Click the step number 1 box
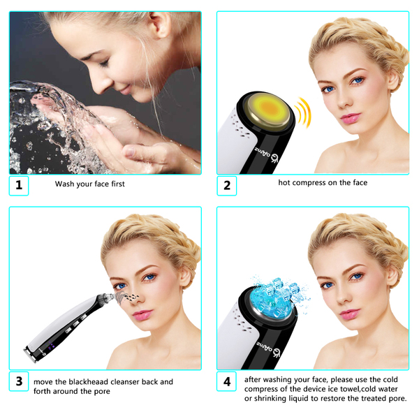(x=19, y=186)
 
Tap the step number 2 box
(x=226, y=186)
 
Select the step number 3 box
(x=19, y=381)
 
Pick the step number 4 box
(x=226, y=381)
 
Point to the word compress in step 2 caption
(x=307, y=183)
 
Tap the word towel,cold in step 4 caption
(x=361, y=389)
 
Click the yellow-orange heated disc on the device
(x=270, y=110)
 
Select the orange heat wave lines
(x=304, y=112)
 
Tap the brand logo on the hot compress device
(x=267, y=155)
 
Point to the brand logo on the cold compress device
(x=268, y=348)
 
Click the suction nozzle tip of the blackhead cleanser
(x=110, y=296)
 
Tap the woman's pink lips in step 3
(x=142, y=315)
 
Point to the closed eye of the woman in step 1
(x=103, y=63)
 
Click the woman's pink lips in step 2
(x=350, y=118)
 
